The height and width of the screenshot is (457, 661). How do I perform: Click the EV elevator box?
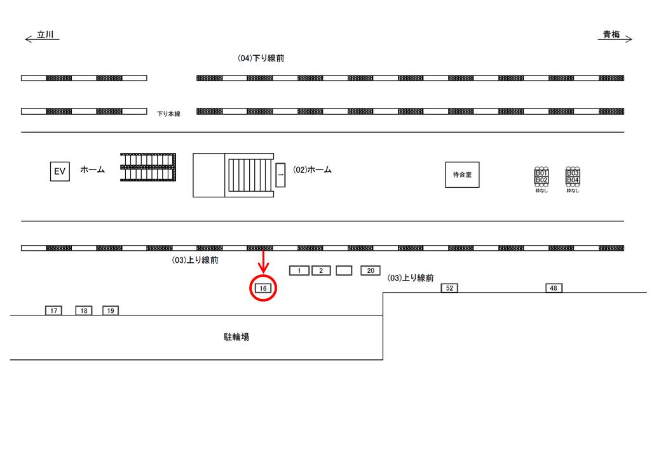60,171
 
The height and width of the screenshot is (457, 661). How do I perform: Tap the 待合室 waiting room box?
462,175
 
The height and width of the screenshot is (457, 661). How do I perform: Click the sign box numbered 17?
53,311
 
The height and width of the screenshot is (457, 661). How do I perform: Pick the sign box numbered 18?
83,311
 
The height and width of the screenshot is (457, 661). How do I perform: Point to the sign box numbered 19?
111,311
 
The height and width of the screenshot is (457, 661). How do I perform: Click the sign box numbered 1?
299,271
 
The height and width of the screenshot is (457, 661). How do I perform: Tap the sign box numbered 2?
321,271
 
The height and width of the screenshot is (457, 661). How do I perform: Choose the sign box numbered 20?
371,271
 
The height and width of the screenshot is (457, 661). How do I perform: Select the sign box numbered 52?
449,288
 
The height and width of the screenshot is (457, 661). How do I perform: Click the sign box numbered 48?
554,288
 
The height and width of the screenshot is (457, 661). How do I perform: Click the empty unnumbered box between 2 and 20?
344,271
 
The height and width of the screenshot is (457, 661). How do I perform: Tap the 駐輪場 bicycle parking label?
236,337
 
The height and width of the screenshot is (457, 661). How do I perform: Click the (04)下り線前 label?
261,58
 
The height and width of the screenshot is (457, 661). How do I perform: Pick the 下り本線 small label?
169,114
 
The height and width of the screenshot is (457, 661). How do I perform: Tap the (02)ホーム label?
312,170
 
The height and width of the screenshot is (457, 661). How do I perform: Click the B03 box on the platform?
573,173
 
